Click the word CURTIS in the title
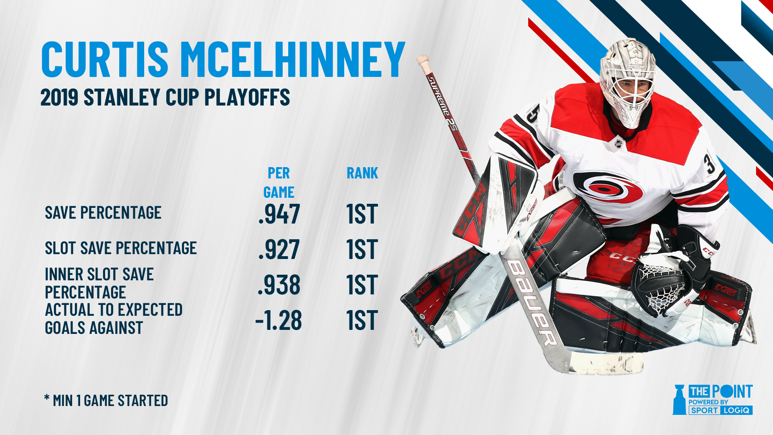pyautogui.click(x=105, y=59)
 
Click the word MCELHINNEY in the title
pyautogui.click(x=293, y=59)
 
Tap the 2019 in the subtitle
pyautogui.click(x=59, y=97)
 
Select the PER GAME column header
pyautogui.click(x=279, y=182)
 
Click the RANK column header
pyautogui.click(x=362, y=173)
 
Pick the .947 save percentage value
pyautogui.click(x=279, y=214)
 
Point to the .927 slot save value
pyautogui.click(x=279, y=249)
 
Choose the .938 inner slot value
pyautogui.click(x=279, y=285)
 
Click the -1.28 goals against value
pyautogui.click(x=278, y=320)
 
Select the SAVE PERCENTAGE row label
pyautogui.click(x=103, y=213)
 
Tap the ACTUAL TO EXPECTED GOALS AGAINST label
pyautogui.click(x=114, y=319)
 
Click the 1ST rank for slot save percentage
pyautogui.click(x=362, y=249)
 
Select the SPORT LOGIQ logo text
pyautogui.click(x=721, y=410)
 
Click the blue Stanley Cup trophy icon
pyautogui.click(x=679, y=400)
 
